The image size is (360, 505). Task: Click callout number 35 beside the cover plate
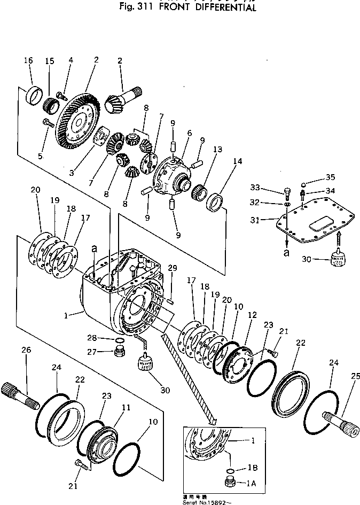click(x=331, y=178)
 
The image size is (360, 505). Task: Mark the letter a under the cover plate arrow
click(x=287, y=253)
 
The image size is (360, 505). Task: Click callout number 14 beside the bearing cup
click(x=237, y=161)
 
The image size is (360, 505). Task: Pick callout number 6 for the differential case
click(x=189, y=134)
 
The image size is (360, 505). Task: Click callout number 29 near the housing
click(x=172, y=267)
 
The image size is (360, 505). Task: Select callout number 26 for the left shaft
click(x=26, y=349)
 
